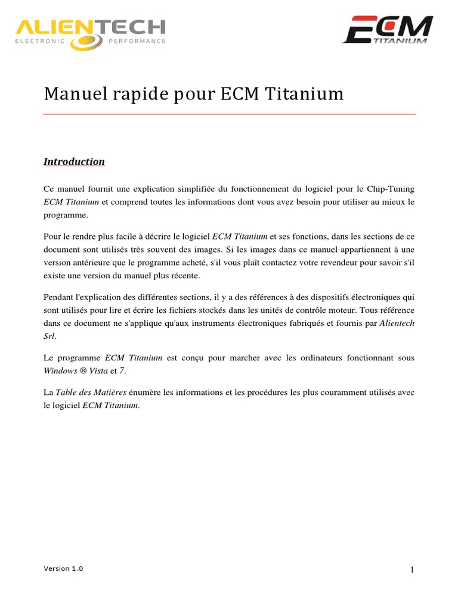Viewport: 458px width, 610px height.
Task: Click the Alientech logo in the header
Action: [x=89, y=33]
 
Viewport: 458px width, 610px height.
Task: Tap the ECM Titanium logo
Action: [x=388, y=29]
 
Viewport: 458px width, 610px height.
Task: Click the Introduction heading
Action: [x=74, y=161]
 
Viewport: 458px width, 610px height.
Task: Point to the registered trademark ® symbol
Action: [x=83, y=371]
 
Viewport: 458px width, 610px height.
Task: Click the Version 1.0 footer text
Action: [x=63, y=568]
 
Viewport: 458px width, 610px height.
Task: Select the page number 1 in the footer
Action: [x=411, y=570]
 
